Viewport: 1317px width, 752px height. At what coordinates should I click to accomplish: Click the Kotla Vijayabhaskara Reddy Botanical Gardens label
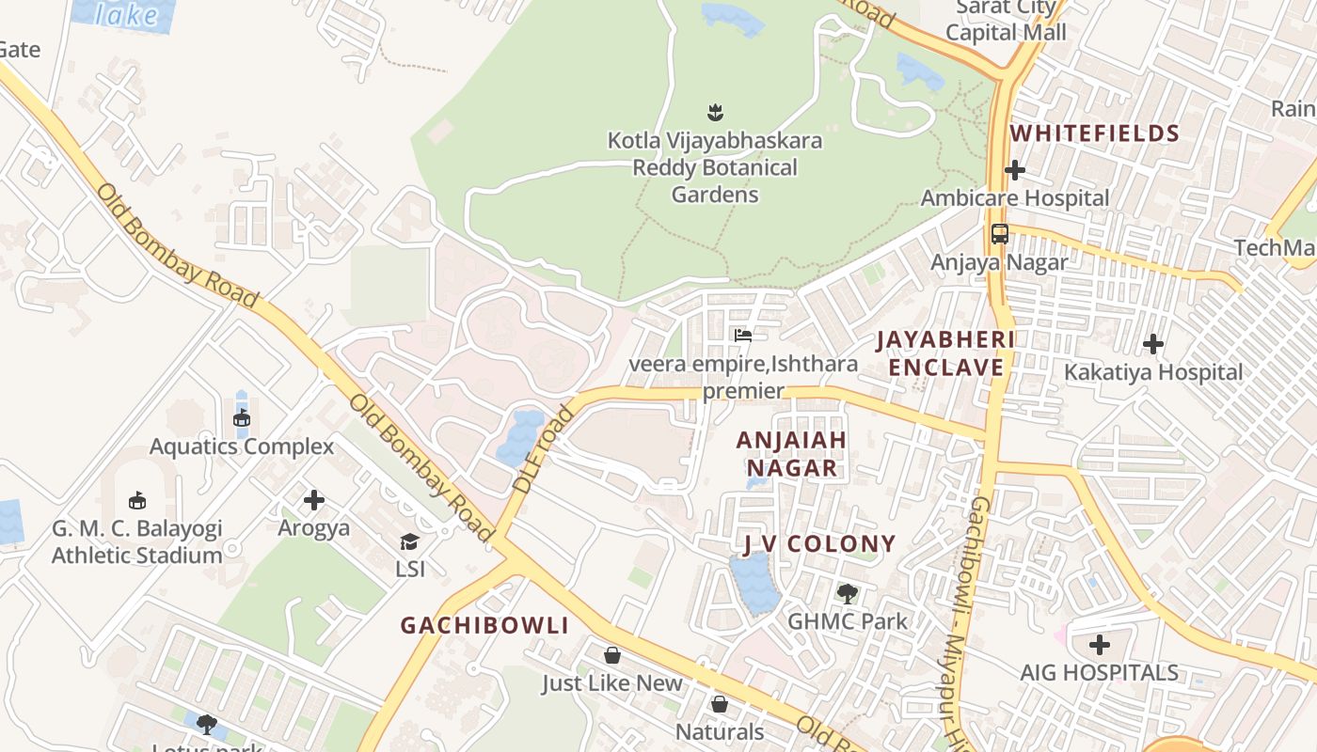(x=715, y=168)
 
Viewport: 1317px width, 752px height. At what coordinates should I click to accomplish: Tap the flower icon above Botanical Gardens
(x=715, y=113)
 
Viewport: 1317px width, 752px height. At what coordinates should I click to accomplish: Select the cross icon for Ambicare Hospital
(x=1014, y=170)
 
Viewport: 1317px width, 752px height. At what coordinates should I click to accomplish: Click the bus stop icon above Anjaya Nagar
(x=999, y=233)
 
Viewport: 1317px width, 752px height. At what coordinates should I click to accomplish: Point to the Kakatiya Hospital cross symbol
(x=1153, y=344)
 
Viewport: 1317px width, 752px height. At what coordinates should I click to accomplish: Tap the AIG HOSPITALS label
(x=1099, y=673)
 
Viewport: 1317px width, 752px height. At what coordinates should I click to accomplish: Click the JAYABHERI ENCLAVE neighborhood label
(x=946, y=353)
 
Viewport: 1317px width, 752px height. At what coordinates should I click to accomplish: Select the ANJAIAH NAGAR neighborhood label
(x=791, y=454)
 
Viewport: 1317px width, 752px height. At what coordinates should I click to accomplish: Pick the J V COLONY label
(x=819, y=544)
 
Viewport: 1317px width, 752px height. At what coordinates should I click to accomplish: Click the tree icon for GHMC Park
(x=848, y=593)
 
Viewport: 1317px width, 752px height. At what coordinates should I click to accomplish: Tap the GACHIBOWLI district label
(x=484, y=626)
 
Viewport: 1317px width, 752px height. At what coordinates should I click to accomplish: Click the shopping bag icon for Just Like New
(x=612, y=654)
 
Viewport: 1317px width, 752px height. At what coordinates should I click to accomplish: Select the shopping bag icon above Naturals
(x=720, y=703)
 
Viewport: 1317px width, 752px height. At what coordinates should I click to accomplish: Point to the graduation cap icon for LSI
(x=409, y=541)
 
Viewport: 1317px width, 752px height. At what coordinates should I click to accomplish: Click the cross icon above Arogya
(x=314, y=500)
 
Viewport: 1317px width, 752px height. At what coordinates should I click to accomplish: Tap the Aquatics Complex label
(x=242, y=446)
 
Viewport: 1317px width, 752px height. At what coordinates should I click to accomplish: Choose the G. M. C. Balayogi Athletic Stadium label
(x=137, y=541)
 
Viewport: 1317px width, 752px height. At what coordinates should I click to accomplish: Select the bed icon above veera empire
(x=743, y=336)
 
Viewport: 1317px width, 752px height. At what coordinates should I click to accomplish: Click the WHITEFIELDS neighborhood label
(x=1095, y=133)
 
